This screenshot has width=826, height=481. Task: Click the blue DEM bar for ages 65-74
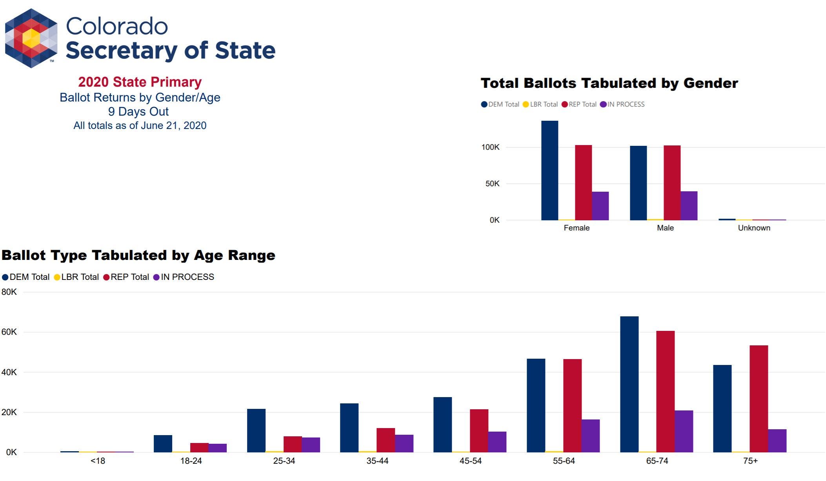point(629,384)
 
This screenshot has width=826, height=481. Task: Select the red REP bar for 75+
point(759,399)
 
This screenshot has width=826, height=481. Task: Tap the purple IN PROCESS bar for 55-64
point(590,436)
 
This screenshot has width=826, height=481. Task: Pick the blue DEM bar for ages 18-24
point(163,444)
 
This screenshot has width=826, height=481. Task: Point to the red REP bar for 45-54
point(479,431)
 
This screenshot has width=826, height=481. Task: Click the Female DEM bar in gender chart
point(549,171)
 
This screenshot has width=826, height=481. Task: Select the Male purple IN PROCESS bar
point(689,206)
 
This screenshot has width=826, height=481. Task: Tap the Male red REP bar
point(672,183)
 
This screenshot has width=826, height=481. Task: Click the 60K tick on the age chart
point(9,332)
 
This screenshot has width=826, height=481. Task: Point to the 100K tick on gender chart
point(490,147)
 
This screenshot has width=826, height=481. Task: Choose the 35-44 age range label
point(377,461)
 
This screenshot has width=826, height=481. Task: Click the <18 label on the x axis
point(98,461)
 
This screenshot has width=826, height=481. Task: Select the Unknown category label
point(754,228)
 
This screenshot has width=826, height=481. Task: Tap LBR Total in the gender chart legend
point(544,104)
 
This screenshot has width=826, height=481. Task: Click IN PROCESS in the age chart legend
point(187,277)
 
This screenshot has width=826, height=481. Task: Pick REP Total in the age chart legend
point(129,277)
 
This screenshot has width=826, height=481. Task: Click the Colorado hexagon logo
point(31,38)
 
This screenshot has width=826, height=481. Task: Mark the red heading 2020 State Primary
point(140,82)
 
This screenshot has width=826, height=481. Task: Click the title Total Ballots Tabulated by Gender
point(609,83)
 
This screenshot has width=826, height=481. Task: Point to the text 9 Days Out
point(138,112)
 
